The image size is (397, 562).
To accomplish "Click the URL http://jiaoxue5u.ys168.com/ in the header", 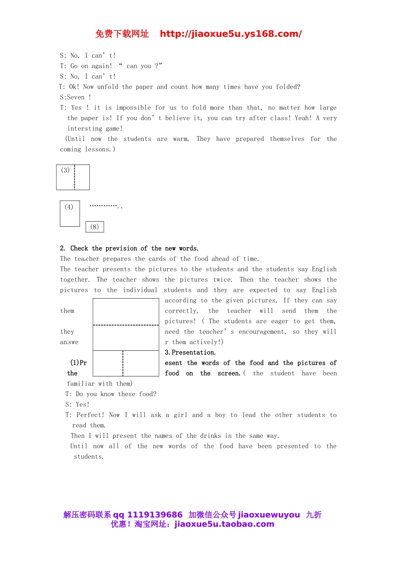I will click(231, 34).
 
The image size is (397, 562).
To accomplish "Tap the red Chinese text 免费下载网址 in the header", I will click(122, 34).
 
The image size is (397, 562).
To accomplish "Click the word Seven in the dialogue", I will click(76, 97).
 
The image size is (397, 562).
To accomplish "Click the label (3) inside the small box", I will click(65, 170).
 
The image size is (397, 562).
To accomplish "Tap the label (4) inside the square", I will click(69, 207).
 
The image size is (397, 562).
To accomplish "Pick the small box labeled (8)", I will click(95, 227).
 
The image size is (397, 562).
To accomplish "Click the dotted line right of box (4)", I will click(106, 206).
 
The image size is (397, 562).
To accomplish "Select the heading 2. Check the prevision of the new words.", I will click(129, 248).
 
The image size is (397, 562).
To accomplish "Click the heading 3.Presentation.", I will click(190, 353).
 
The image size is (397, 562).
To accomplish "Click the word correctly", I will click(181, 311).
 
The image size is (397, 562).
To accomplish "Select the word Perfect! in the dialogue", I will click(90, 415).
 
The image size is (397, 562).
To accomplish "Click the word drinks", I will click(211, 436).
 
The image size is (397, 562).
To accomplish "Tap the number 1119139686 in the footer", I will click(155, 515).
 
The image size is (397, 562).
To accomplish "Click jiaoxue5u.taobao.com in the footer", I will click(224, 524).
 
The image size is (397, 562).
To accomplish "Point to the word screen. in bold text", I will click(229, 373).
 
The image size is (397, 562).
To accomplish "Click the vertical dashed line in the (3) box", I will click(74, 177).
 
